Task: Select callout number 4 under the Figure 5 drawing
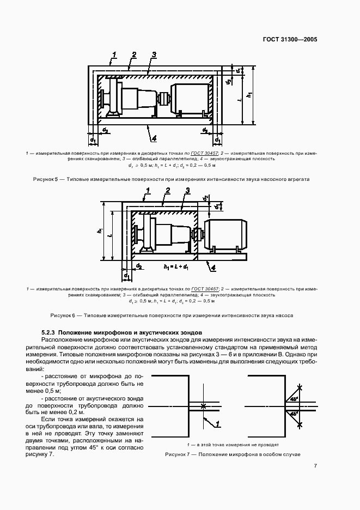(155, 137)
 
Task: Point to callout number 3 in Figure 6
(187, 190)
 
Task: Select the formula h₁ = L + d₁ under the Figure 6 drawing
(176, 268)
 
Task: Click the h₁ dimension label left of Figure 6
(100, 231)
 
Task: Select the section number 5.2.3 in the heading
(48, 332)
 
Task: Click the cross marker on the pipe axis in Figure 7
(203, 406)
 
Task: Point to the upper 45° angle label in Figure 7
(294, 399)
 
